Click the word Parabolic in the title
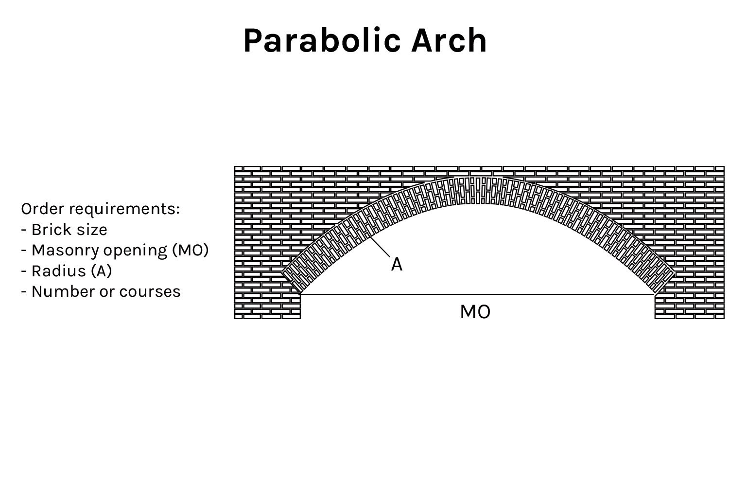tap(322, 41)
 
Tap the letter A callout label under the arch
tap(397, 265)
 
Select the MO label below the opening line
tap(475, 312)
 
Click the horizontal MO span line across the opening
tap(476, 294)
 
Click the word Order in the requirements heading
tap(40, 209)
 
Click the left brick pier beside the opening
tap(267, 307)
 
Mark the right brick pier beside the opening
tap(689, 307)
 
